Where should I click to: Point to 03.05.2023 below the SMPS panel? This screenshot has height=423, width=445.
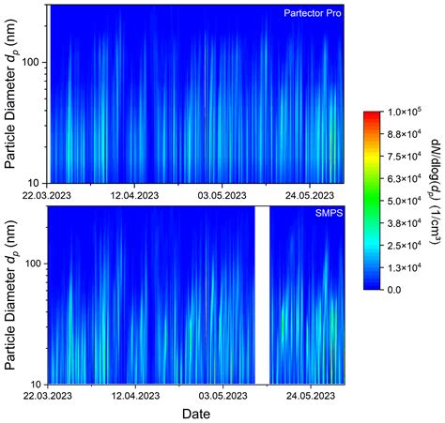coord(222,397)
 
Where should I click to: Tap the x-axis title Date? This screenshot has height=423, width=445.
coord(195,414)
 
